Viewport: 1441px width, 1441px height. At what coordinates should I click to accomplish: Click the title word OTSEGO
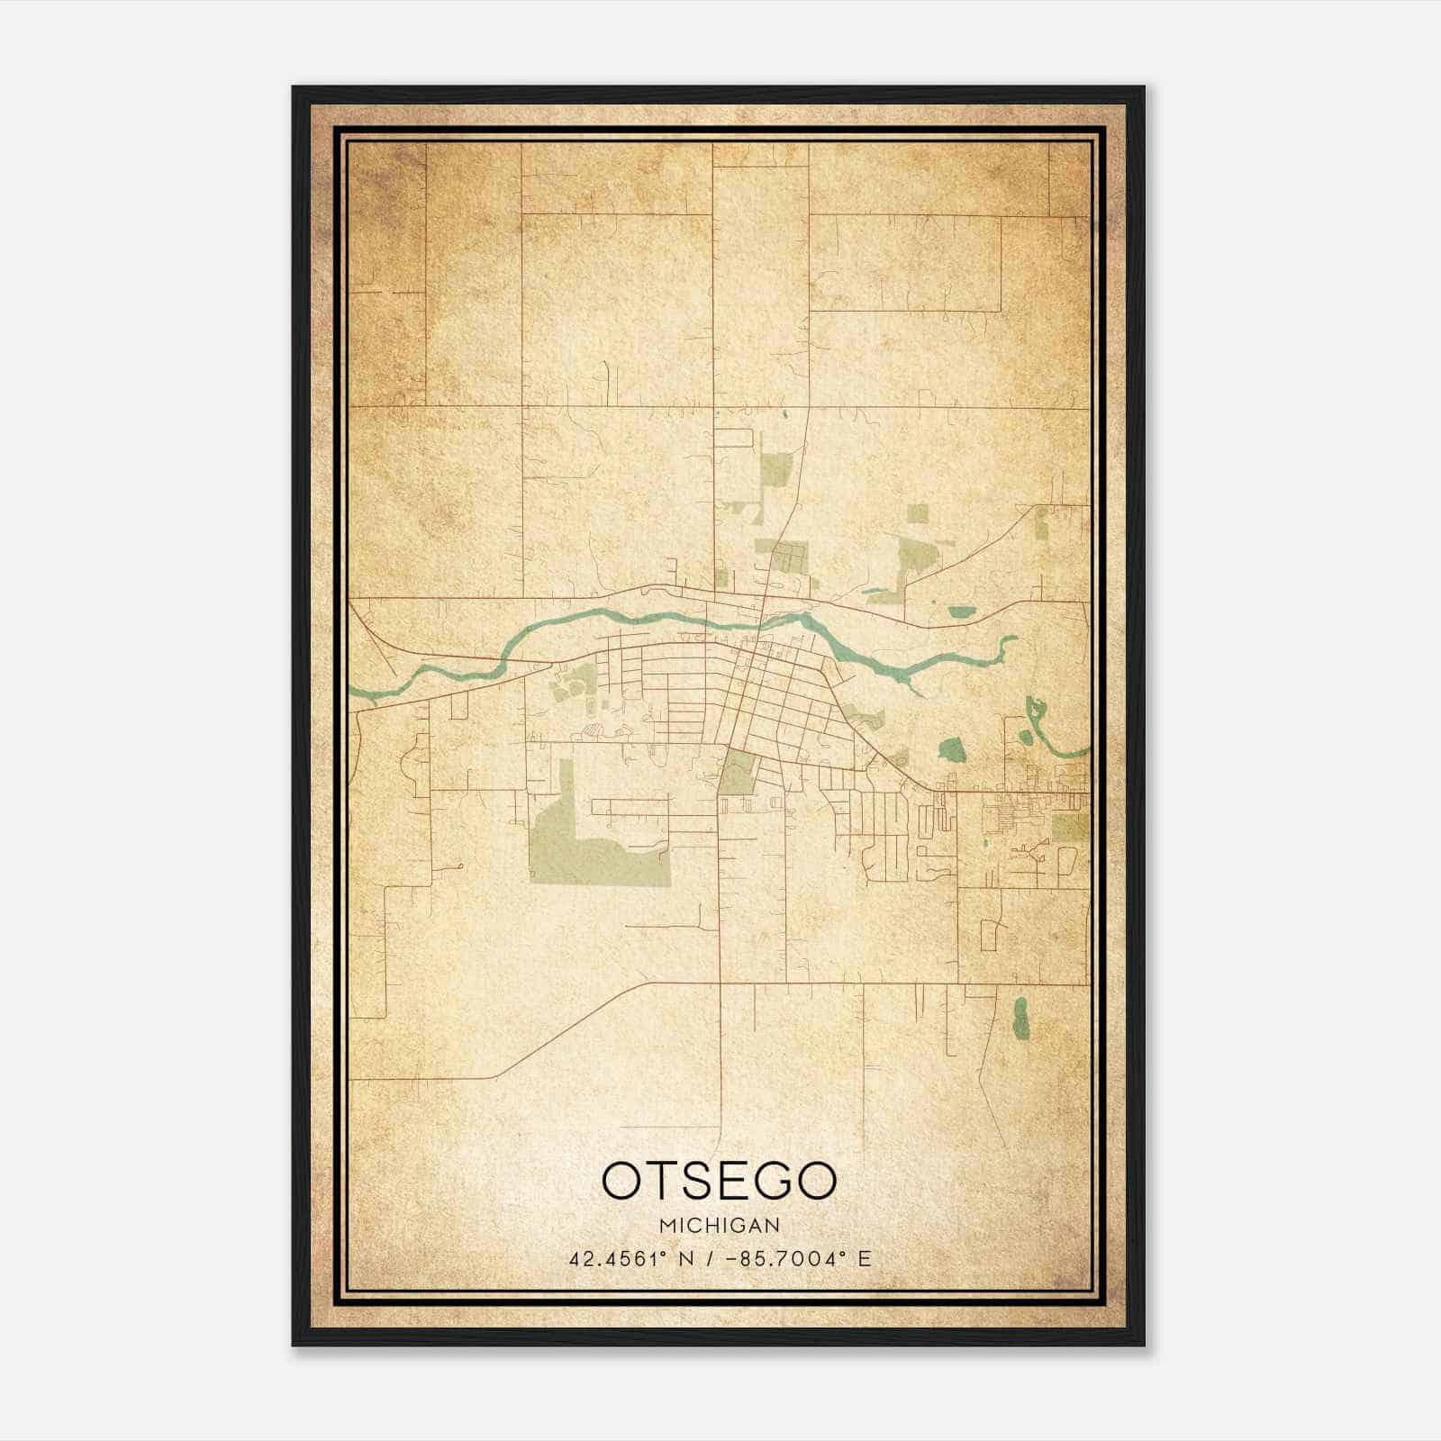719,1181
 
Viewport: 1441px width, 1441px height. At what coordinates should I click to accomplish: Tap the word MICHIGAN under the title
719,1226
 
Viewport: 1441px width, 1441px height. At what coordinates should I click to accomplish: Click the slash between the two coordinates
712,1259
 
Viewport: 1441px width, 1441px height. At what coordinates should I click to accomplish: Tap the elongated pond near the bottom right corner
1020,1016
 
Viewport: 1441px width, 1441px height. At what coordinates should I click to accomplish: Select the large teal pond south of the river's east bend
951,748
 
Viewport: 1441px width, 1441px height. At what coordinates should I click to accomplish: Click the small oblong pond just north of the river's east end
962,613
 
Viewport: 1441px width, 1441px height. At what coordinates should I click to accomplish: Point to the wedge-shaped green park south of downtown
737,773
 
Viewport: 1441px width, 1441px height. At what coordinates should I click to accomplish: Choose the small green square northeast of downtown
917,513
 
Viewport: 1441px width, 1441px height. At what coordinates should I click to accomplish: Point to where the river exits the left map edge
352,691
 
